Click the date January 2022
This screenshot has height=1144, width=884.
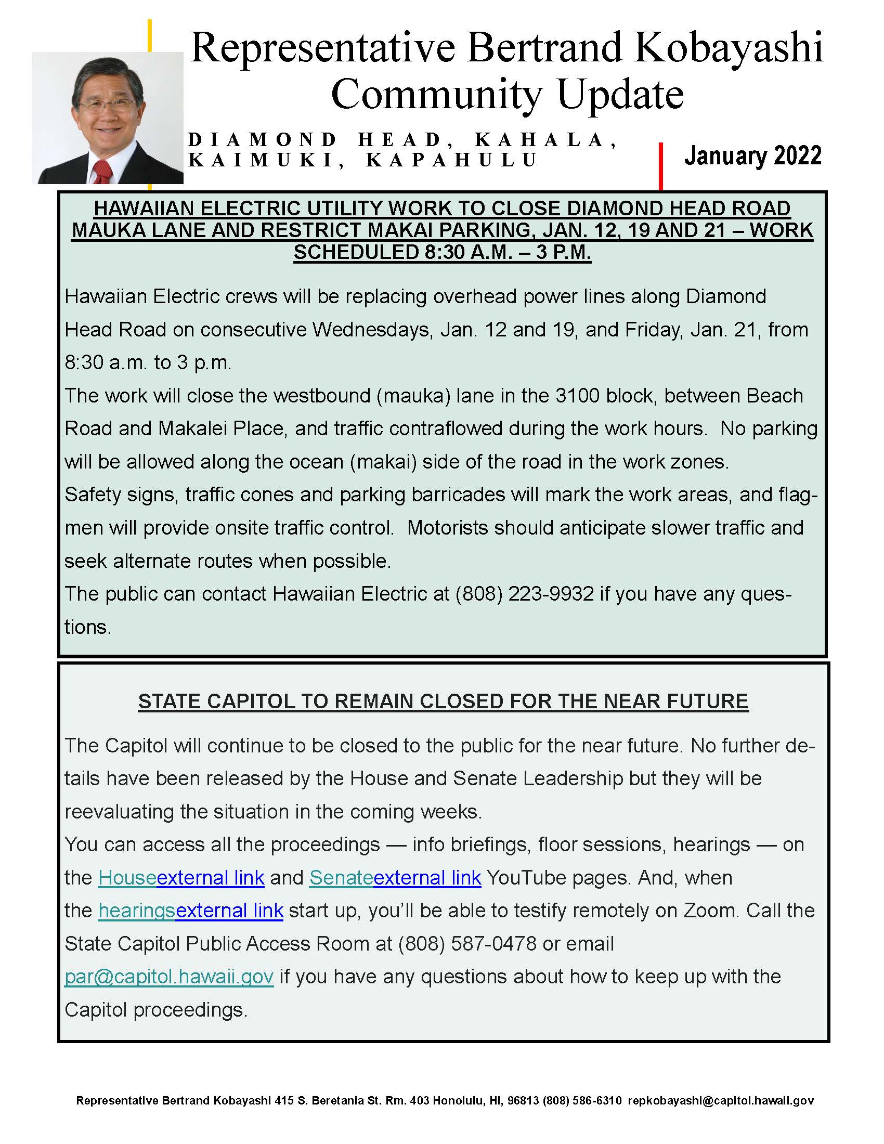click(x=752, y=155)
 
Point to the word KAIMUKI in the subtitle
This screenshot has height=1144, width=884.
click(x=262, y=160)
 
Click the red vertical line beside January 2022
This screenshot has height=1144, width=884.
click(x=661, y=165)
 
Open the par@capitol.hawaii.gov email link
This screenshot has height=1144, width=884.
click(x=168, y=977)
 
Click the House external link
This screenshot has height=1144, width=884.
click(x=180, y=877)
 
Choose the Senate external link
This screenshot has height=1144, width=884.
click(x=395, y=877)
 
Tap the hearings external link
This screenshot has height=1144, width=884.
click(x=191, y=911)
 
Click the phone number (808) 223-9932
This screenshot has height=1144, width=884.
click(x=525, y=593)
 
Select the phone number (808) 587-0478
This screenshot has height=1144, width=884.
click(x=467, y=943)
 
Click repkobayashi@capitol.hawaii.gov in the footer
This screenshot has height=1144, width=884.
click(x=721, y=1100)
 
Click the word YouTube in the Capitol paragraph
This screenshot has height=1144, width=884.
click(x=525, y=877)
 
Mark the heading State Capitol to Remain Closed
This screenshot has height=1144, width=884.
click(x=443, y=701)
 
